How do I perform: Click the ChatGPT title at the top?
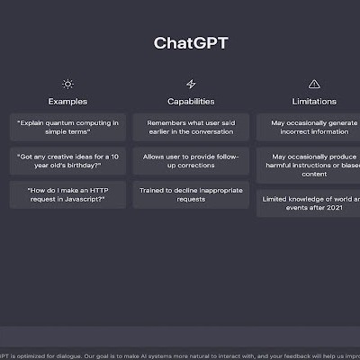[190, 43]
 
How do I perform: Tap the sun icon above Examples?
[67, 84]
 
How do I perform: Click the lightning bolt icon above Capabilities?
[191, 84]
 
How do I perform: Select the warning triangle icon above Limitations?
[314, 84]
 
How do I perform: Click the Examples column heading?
[67, 102]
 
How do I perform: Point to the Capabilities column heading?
[191, 102]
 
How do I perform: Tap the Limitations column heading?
[314, 102]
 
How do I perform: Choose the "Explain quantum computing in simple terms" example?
[67, 125]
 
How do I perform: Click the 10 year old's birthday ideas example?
[67, 161]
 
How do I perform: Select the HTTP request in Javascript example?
[67, 195]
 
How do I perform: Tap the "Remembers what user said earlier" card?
[191, 125]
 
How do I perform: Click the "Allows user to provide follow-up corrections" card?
[191, 161]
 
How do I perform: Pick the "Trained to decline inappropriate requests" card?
[191, 195]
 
